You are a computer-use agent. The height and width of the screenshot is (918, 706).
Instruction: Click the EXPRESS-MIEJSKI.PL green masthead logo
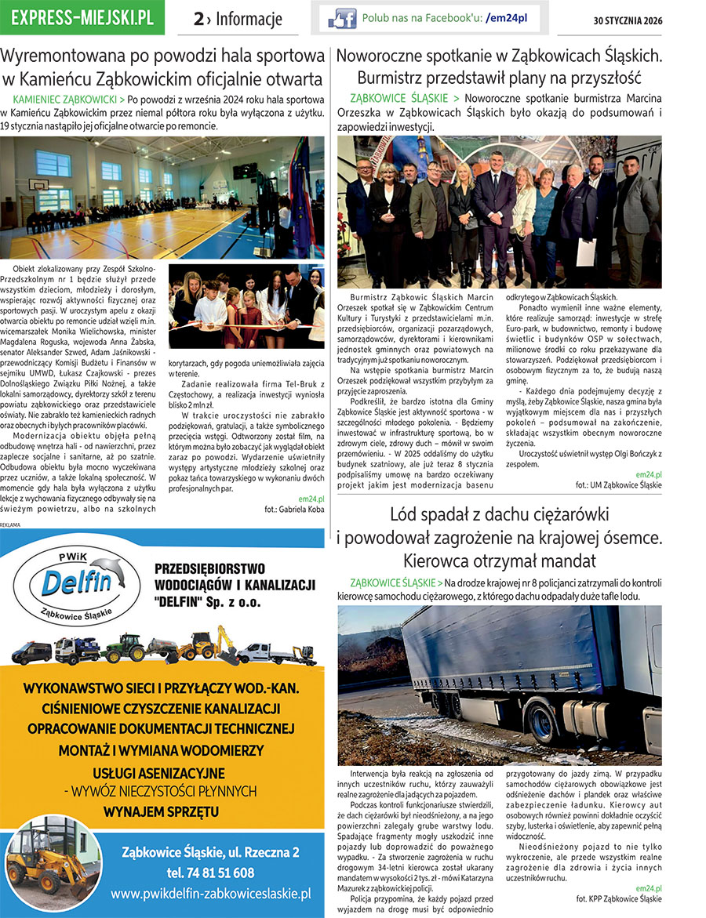pos(82,18)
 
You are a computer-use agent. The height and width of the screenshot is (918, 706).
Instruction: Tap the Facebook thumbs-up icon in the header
pos(342,17)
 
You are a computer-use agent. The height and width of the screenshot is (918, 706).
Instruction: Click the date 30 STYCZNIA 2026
pos(628,20)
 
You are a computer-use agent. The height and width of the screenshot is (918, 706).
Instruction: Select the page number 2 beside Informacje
pos(199,20)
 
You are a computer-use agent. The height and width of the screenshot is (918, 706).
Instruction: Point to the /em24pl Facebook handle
pos(507,17)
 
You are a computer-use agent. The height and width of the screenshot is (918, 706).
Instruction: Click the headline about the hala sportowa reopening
pos(162,67)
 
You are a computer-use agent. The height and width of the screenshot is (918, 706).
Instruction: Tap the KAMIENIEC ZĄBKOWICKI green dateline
pos(68,100)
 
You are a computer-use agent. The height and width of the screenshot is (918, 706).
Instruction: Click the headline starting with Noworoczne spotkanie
pos(499,67)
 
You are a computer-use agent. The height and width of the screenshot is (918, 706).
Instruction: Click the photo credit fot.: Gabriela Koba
pos(294,509)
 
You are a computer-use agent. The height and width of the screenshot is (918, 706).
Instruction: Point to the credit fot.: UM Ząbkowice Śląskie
pos(618,485)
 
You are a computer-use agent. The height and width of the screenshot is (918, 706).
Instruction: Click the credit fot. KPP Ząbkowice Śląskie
pos(619,898)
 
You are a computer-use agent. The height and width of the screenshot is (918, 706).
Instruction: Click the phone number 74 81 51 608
pos(209,873)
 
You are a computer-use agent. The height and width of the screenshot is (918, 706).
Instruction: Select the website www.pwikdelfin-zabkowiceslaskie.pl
pos(211,893)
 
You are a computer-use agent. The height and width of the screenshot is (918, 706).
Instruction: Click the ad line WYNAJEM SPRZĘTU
pos(162,811)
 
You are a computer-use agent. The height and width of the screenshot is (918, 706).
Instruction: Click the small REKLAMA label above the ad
pos(12,524)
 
